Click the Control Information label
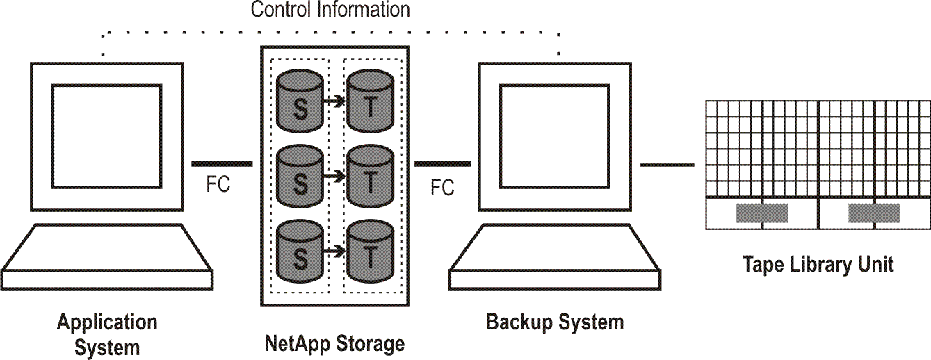coord(330,10)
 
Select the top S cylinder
coord(300,101)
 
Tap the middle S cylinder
coord(300,174)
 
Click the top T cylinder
coord(370,101)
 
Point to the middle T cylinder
coord(370,174)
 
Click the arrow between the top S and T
coord(335,101)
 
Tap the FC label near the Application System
coord(218,186)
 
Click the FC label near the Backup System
coord(442,188)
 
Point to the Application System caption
coord(107,334)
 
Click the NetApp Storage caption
coord(334,343)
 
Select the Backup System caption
coord(554,322)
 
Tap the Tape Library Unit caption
coord(818,265)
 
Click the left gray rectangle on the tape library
coord(761,213)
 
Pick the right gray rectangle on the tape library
coord(874,213)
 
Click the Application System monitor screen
coord(107,136)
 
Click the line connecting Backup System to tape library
coord(667,165)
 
